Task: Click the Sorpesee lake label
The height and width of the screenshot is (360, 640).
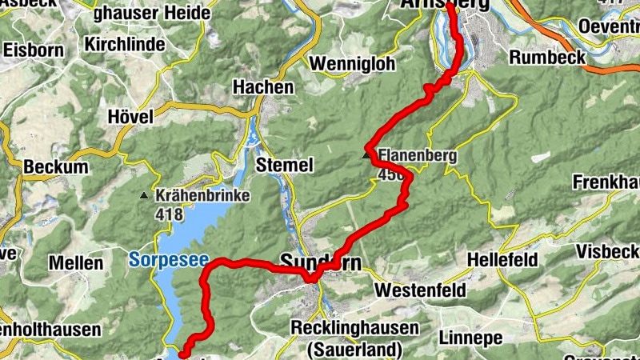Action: [168, 259]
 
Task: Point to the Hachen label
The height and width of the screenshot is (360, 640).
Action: [258, 86]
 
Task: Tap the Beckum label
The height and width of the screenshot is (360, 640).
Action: [55, 167]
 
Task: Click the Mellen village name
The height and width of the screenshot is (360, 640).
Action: [76, 263]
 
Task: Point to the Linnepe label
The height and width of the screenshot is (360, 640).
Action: [470, 338]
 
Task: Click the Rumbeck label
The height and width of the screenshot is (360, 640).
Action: [547, 58]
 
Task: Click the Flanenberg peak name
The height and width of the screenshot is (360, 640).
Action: [418, 156]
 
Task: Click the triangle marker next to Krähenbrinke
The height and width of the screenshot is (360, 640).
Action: [144, 195]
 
